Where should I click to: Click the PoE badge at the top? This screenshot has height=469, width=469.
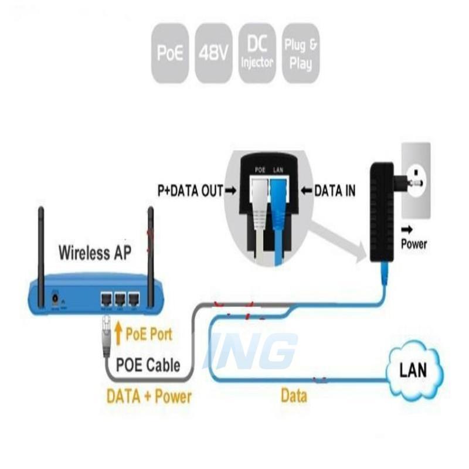click(171, 53)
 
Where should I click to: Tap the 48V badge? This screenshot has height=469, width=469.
click(213, 53)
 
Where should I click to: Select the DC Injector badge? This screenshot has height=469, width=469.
click(257, 53)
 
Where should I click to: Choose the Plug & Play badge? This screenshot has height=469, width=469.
click(301, 53)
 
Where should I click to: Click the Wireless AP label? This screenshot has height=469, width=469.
click(95, 253)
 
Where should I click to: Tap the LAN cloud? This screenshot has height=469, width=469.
click(413, 371)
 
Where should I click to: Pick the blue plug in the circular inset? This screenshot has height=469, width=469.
click(278, 202)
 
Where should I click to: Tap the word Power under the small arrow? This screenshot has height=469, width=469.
click(414, 244)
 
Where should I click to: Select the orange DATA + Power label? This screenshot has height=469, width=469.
click(149, 396)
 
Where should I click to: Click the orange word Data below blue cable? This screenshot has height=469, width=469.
click(294, 396)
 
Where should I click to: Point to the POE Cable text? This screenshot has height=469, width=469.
click(148, 365)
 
